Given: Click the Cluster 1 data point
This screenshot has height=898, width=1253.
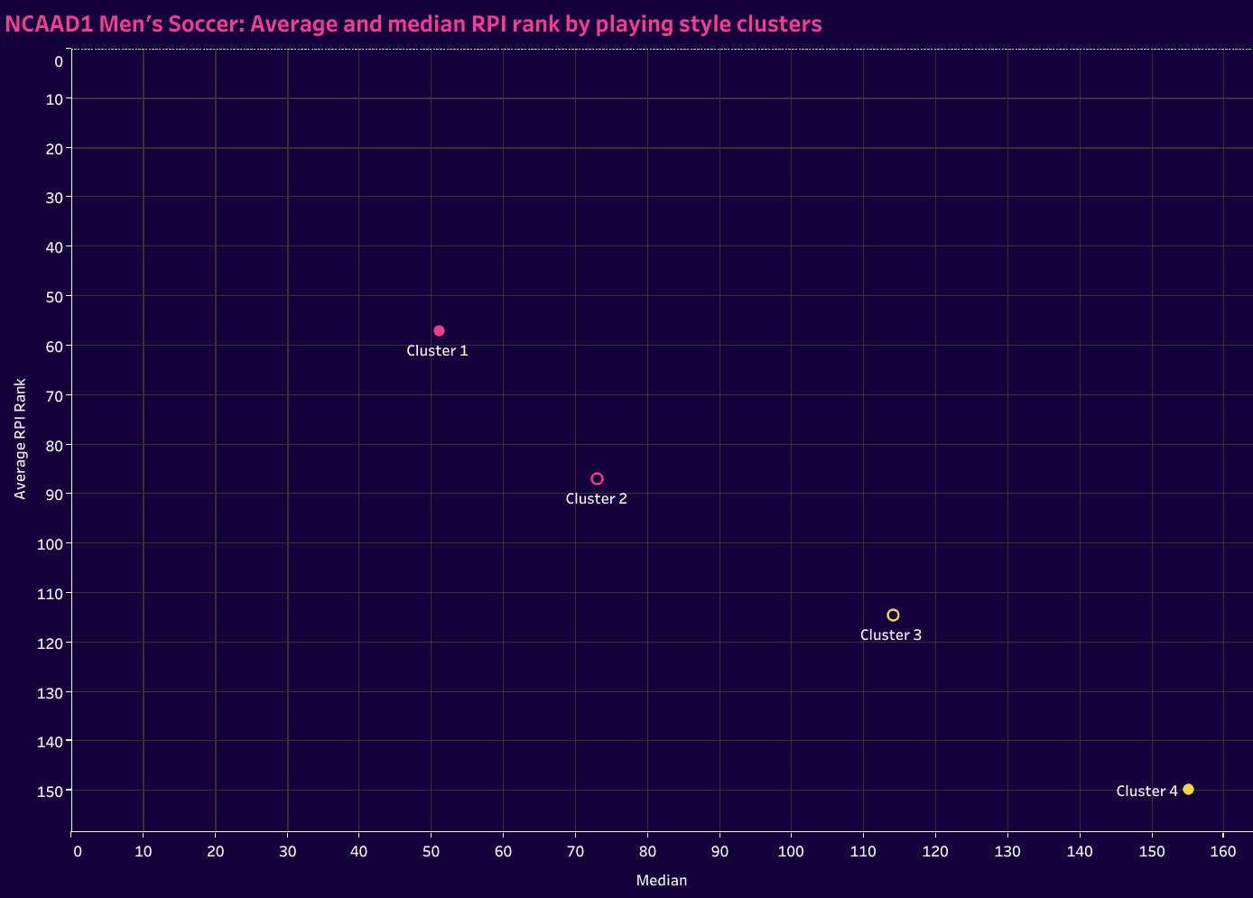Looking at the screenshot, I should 439,331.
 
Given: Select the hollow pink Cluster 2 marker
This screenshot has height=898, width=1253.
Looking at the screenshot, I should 597,479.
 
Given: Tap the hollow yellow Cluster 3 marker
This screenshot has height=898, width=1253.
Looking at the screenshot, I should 893,616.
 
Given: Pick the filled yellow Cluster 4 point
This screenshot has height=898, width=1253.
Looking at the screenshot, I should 1188,790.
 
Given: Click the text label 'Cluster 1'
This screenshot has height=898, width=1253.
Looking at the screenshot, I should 437,351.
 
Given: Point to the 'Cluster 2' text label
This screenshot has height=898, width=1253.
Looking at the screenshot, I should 596,499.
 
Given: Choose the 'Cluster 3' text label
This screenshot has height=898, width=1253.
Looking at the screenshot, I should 890,635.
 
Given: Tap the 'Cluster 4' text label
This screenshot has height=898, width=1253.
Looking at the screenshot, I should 1146,792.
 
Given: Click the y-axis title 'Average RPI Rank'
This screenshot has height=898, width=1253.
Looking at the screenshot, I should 20,439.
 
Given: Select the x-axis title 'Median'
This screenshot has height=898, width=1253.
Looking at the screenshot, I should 662,881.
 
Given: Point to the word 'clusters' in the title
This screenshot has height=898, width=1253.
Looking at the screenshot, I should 785,24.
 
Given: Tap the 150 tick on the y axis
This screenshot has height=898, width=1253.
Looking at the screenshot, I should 50,792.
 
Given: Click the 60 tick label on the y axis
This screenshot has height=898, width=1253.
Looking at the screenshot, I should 53,347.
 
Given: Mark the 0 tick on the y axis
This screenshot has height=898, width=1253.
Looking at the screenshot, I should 58,61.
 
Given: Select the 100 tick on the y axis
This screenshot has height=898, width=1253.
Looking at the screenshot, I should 50,544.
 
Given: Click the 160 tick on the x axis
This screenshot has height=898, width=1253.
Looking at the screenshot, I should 1223,852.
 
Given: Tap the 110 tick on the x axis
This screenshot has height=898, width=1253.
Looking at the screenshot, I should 863,852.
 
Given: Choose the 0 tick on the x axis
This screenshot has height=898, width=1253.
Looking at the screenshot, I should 77,852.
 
